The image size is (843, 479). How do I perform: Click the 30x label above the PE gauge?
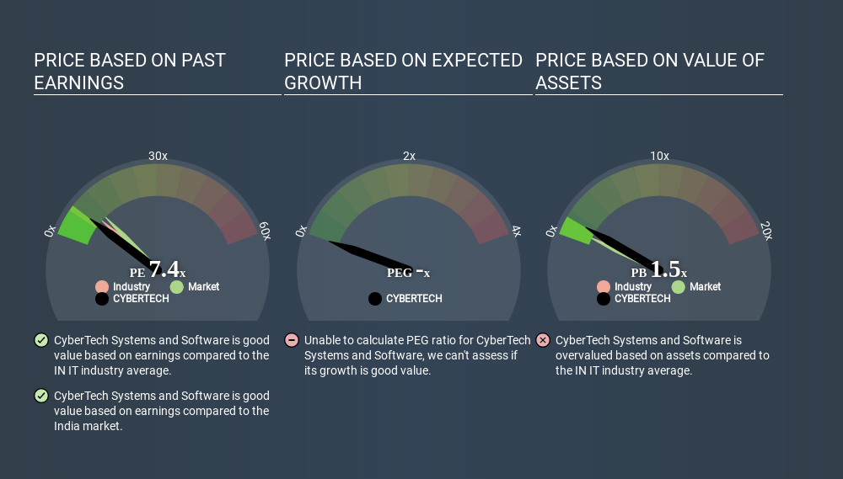pos(158,156)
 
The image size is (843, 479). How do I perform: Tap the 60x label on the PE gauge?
pos(265,232)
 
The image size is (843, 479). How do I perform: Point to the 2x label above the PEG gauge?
pos(409,156)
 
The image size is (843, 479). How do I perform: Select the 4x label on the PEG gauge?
pos(515,232)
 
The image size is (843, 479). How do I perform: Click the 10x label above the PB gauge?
pos(659,156)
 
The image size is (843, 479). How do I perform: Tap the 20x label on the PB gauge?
pos(766,232)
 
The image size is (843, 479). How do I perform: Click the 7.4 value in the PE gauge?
pos(164,269)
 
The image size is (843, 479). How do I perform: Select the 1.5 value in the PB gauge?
pos(665,269)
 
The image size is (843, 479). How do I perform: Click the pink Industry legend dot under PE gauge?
pos(102,287)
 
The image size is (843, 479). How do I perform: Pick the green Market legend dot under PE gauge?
pos(176,287)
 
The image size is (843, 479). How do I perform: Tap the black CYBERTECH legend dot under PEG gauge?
pos(375,299)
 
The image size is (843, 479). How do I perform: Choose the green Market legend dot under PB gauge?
pos(678,287)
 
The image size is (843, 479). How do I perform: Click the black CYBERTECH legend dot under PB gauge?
pos(604,299)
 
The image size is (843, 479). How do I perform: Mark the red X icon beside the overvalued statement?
pos(543,340)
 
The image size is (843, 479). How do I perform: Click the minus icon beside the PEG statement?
pos(292,340)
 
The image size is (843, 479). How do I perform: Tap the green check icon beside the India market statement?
pos(40,396)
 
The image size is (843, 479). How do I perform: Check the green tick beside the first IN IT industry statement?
pos(40,340)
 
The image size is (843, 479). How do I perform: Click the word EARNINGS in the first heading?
pos(78,82)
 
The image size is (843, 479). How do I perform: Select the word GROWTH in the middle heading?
pos(323,82)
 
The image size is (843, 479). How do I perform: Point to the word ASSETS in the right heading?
pos(568,82)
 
